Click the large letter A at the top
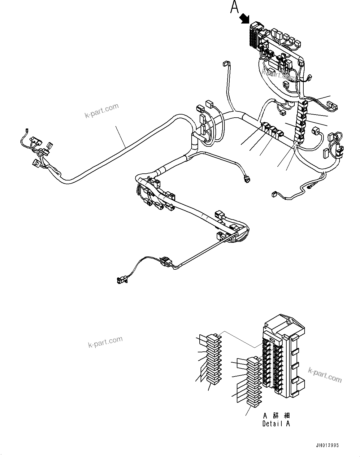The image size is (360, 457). tap(234, 7)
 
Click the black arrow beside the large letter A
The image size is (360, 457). tap(245, 18)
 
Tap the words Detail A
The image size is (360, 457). tap(276, 424)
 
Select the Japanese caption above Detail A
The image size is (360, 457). tap(276, 416)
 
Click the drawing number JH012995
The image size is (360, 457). tap(327, 445)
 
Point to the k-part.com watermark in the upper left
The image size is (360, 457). tap(102, 111)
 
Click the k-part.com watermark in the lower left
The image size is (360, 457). tap(105, 342)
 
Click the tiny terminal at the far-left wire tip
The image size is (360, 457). tap(26, 130)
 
